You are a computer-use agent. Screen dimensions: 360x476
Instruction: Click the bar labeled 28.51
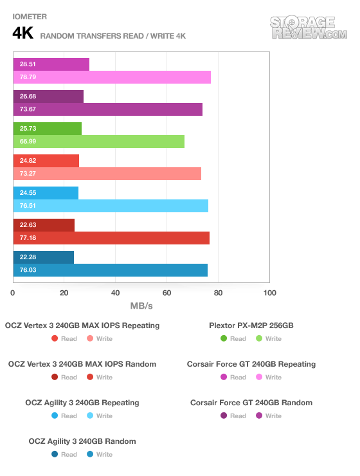point(51,64)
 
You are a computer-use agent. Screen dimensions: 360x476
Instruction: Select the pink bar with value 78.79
point(112,77)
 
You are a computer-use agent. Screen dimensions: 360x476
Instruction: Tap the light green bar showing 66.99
point(99,142)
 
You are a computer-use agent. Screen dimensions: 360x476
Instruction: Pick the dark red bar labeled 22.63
point(44,225)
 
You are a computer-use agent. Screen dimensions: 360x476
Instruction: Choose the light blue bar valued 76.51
point(111,206)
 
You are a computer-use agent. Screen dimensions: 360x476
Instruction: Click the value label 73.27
point(28,174)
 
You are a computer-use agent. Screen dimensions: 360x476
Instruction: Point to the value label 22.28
point(28,257)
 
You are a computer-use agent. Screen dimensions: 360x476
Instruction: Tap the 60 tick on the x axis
point(166,293)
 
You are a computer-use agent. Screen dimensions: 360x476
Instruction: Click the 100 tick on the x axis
point(269,293)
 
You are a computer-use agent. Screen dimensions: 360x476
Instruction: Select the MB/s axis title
point(141,306)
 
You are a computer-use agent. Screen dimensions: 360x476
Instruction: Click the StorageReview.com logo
point(309,27)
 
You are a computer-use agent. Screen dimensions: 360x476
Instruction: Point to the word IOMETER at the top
point(30,17)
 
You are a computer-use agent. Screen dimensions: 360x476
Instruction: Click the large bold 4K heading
point(22,33)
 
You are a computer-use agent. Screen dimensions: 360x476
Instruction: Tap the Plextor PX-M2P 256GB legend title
point(251,325)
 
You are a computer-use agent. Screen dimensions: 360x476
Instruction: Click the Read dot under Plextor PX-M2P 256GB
point(224,338)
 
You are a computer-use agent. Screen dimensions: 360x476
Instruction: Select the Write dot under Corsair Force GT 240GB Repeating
point(259,377)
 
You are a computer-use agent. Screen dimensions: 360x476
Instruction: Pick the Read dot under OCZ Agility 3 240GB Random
point(55,454)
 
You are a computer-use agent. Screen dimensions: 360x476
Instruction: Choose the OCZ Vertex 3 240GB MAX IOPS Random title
point(82,364)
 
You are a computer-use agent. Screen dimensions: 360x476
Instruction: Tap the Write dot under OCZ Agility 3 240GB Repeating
point(90,416)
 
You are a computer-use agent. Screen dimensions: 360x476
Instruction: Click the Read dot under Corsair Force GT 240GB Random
point(224,416)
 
